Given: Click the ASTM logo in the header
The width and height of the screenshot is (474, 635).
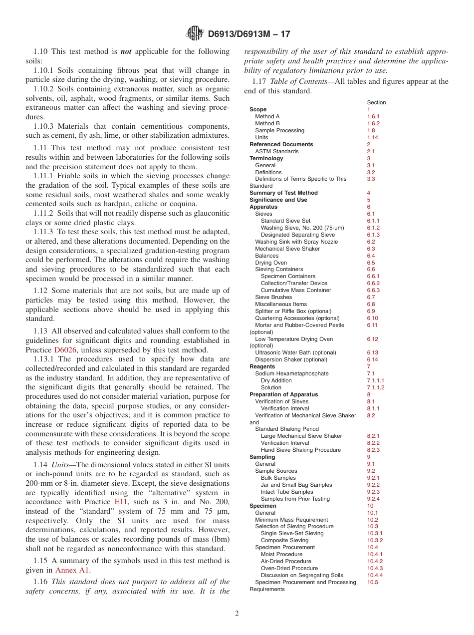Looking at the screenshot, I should (195, 33).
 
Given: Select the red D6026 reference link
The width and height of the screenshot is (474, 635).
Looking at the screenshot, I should (65, 350).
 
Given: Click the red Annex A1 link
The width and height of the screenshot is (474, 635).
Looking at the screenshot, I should (73, 570).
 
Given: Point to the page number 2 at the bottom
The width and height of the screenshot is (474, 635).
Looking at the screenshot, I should (237, 614).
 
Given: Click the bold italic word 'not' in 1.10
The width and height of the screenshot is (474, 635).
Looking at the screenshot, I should (125, 51).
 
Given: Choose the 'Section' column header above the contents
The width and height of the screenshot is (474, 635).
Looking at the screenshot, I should (376, 102).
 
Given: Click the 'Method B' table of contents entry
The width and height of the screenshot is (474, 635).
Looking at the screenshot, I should (267, 123).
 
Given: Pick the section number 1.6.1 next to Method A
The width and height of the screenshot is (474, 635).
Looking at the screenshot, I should (373, 116).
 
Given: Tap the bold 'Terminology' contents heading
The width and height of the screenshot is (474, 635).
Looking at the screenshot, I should (266, 158).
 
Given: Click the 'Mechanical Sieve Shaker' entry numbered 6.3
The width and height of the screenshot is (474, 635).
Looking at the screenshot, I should (287, 249).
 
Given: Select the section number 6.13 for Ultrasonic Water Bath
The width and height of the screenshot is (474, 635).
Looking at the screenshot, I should (373, 352).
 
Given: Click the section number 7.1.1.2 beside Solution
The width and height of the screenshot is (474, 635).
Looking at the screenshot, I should (376, 387).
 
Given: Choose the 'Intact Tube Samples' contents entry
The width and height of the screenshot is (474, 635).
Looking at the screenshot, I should (287, 492).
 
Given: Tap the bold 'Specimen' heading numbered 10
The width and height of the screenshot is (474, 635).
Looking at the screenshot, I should (263, 506).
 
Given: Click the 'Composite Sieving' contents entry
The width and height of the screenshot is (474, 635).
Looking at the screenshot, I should (284, 540).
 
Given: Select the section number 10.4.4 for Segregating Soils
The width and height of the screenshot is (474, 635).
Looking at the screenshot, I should (375, 575).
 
